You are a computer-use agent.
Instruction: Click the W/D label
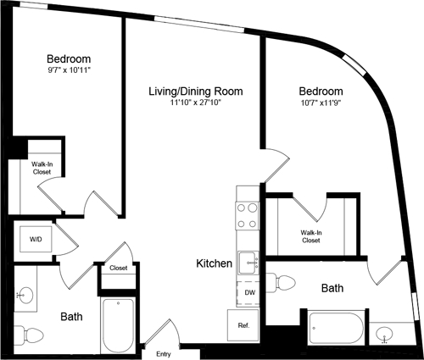(36, 240)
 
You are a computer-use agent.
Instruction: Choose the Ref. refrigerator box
(243, 324)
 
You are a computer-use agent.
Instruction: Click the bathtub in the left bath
(116, 325)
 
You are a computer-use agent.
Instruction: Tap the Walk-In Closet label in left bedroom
(42, 168)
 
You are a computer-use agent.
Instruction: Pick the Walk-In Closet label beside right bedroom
(310, 235)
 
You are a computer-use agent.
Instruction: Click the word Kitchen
(215, 263)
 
